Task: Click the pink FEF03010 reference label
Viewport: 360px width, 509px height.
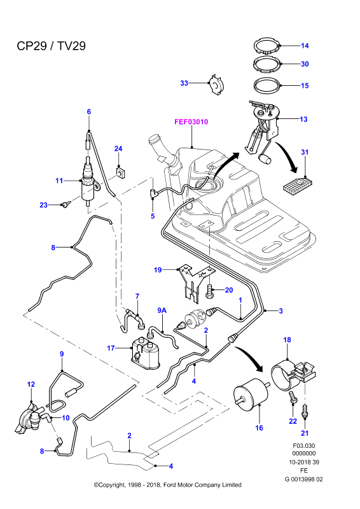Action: coord(191,122)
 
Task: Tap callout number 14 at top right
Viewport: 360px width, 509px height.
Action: coord(305,46)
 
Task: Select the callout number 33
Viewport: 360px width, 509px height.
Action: coord(184,83)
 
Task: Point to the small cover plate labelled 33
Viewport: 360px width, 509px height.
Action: coord(216,85)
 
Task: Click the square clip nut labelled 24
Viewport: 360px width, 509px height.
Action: coord(121,172)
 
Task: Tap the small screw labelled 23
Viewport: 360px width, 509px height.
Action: coord(66,204)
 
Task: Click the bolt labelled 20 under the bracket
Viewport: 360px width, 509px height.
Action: coord(209,291)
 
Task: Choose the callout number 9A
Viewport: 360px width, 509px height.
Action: coord(162,310)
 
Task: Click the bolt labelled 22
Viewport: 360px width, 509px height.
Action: coord(293,398)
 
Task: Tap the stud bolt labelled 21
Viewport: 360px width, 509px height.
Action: coord(305,412)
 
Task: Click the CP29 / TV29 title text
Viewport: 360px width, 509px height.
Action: coord(52,46)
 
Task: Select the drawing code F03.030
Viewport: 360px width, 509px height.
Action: coord(304,446)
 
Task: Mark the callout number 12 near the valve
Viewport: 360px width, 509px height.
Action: coord(31,384)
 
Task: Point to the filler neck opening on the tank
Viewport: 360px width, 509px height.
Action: coord(153,140)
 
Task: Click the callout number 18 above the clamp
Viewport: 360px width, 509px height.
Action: coord(287,340)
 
